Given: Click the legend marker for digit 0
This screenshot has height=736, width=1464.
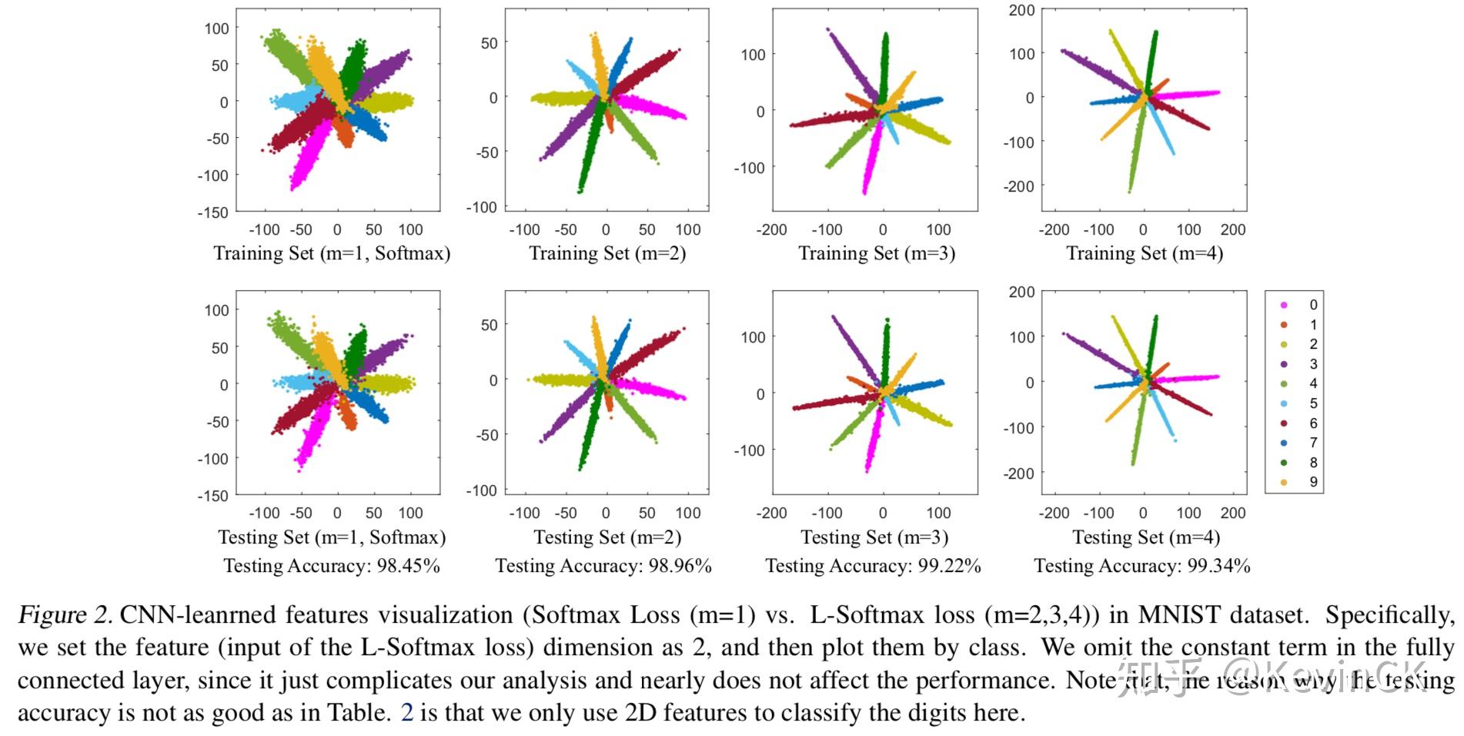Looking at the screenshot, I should point(1284,305).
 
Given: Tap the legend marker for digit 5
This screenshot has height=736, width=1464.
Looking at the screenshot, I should point(1284,403).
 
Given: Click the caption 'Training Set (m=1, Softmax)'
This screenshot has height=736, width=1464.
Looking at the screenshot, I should point(332,253).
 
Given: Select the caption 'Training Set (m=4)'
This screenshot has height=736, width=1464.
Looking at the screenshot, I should point(1144,253).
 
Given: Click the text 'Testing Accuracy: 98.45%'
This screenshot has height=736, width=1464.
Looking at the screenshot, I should point(332,566).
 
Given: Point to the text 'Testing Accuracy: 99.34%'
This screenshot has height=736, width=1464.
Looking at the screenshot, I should point(1141,566).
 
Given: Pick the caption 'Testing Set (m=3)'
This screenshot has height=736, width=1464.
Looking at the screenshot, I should point(874,537).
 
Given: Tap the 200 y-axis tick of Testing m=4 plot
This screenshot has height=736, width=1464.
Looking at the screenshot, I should point(1021,293).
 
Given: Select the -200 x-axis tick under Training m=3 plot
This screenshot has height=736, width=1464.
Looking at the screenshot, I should point(771,229).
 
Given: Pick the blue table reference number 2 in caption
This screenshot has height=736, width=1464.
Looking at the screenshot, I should point(407,713).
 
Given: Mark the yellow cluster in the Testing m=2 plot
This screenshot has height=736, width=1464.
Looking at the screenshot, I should point(562,380).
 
